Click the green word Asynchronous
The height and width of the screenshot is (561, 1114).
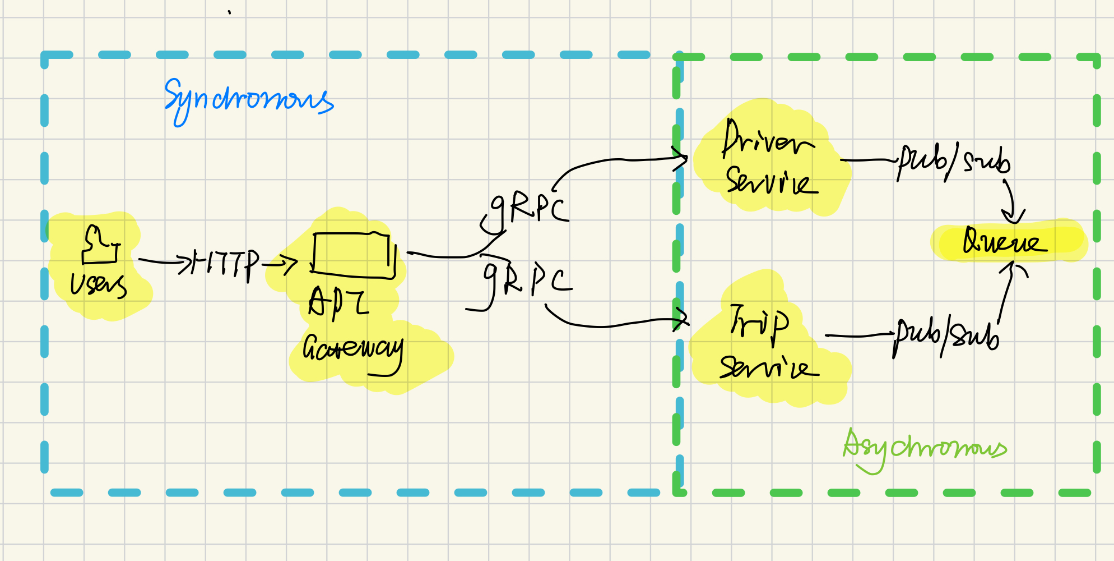[x=925, y=449]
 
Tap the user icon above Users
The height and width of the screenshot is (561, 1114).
[x=101, y=246]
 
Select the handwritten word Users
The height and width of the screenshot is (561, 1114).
[x=98, y=284]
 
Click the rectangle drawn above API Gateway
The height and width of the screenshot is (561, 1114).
[x=353, y=255]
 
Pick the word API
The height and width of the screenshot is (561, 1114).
[x=338, y=303]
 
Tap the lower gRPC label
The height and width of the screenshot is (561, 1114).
[x=527, y=279]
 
